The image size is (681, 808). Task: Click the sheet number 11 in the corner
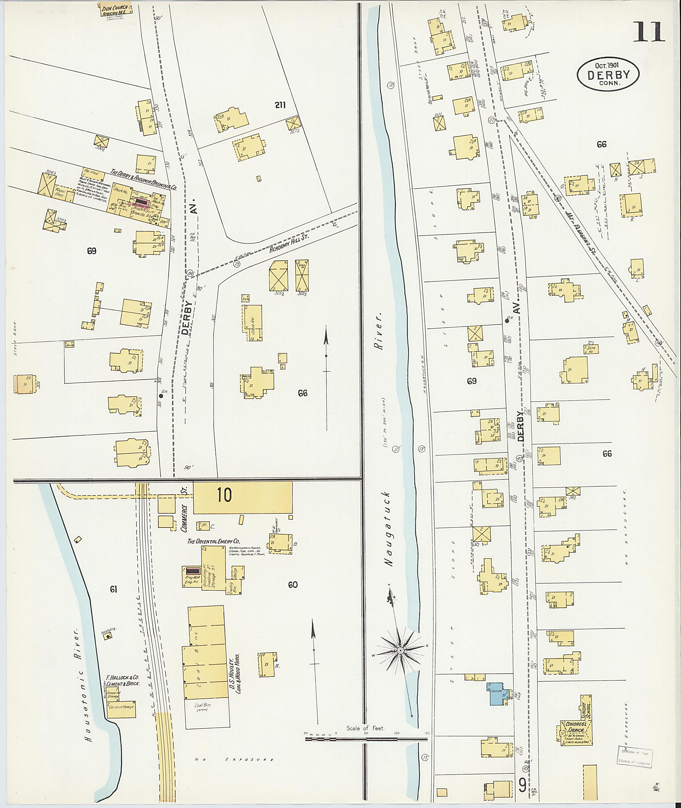click(648, 32)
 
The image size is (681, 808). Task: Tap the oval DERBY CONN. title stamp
click(608, 75)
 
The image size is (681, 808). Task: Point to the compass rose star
click(400, 651)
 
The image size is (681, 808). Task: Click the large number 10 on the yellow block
click(224, 495)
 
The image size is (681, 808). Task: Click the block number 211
click(280, 105)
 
